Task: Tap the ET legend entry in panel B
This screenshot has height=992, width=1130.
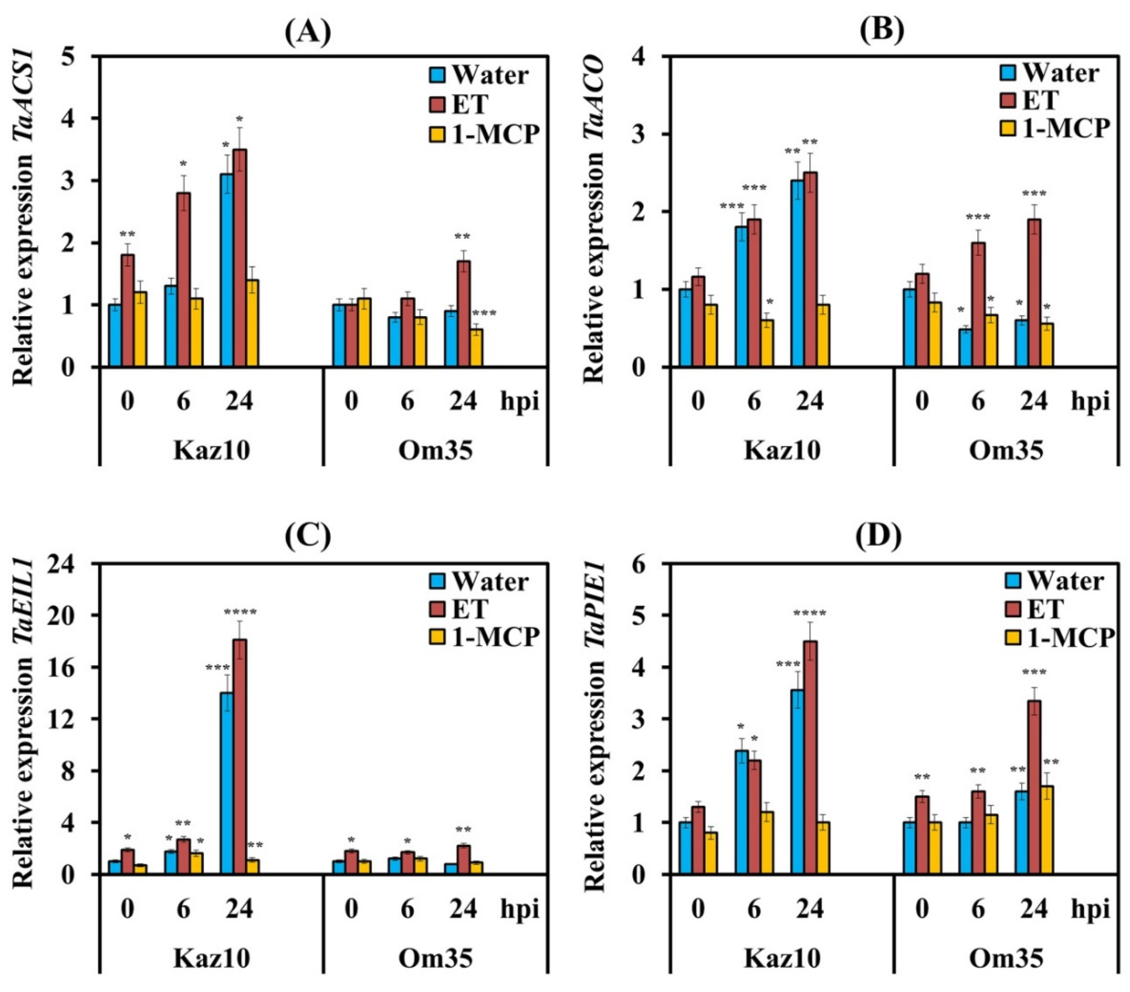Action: click(x=1039, y=100)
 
